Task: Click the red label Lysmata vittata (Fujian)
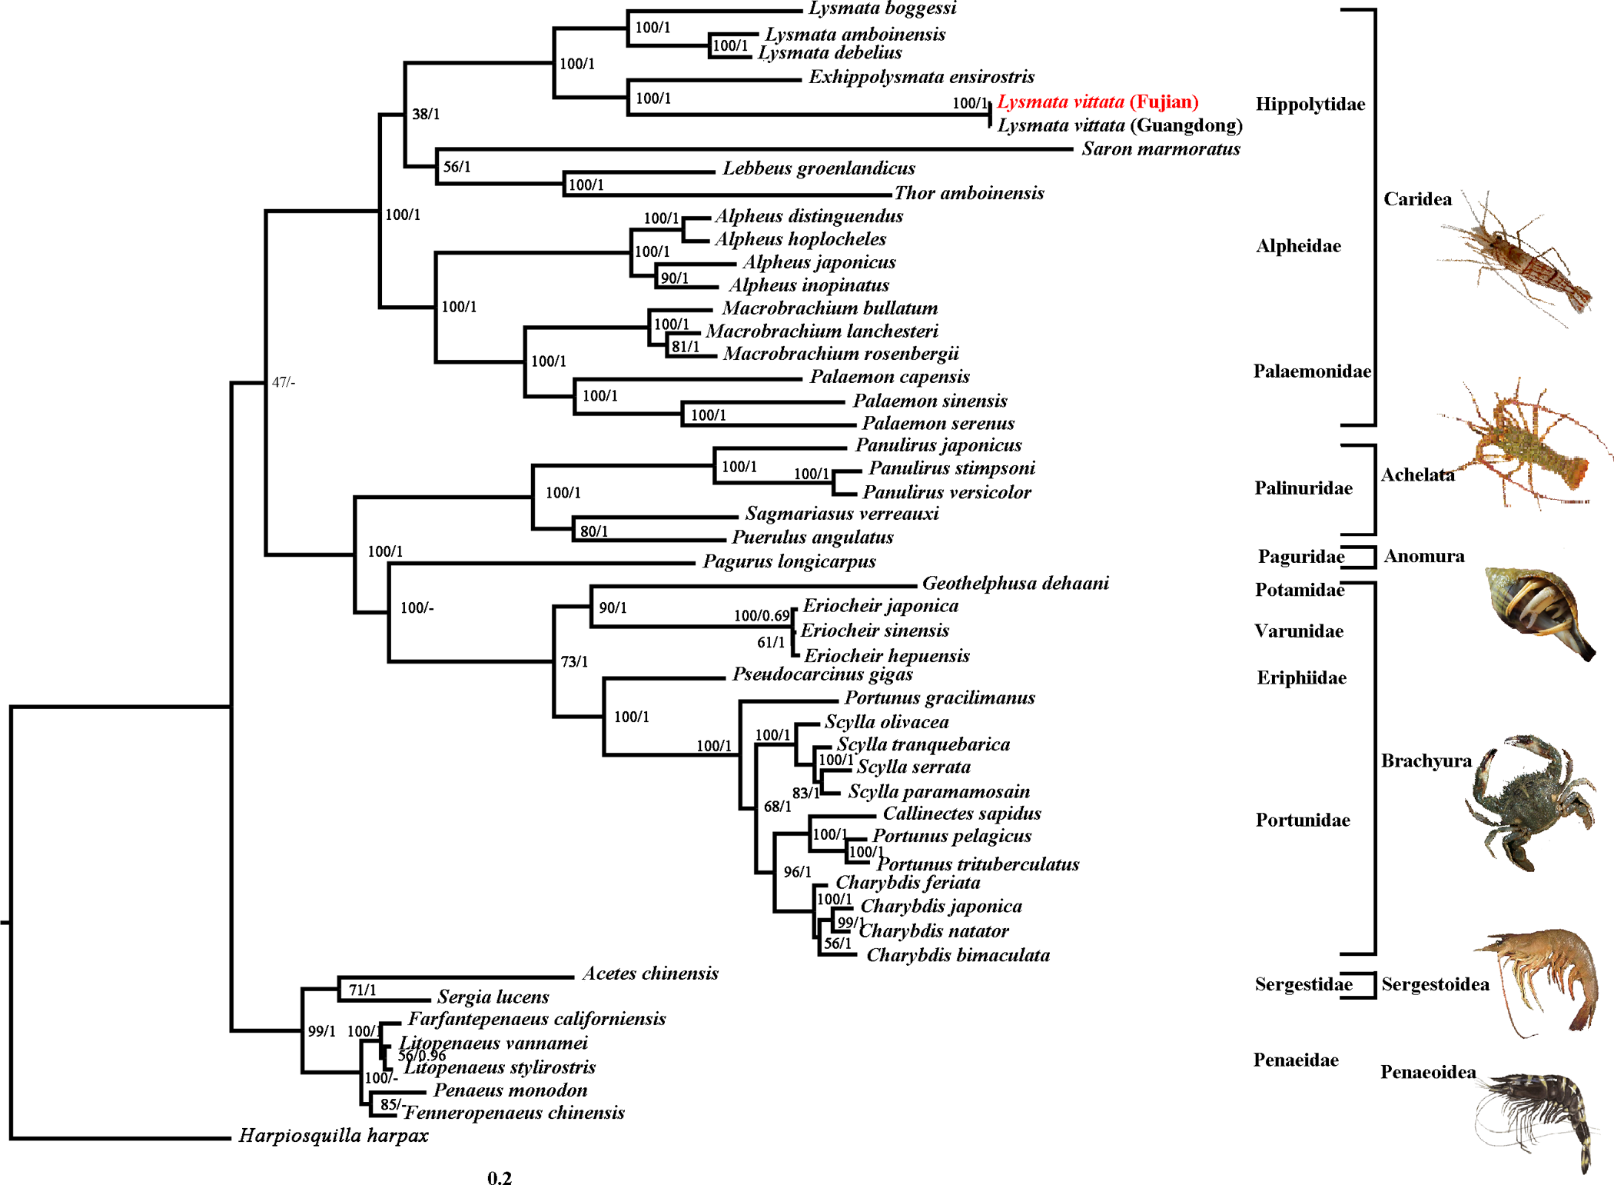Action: click(1098, 102)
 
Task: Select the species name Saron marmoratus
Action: click(1161, 148)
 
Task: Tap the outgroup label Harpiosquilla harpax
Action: click(334, 1136)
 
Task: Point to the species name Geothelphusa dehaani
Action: click(1015, 583)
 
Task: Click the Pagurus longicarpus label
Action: click(789, 561)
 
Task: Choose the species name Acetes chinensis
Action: click(650, 973)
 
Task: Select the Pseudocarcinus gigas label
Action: click(822, 674)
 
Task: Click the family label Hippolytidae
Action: click(1310, 104)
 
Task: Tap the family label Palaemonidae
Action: click(1312, 371)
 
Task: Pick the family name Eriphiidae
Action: click(1302, 677)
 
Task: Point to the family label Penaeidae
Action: click(1296, 1060)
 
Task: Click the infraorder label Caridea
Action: click(1418, 199)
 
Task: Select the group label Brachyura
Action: click(1426, 761)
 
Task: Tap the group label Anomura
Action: click(1424, 556)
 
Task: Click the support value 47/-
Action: click(284, 381)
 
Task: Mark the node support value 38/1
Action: click(426, 114)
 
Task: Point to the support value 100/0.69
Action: click(762, 615)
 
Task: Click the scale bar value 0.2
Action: click(500, 1178)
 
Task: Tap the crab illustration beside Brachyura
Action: click(1529, 802)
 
